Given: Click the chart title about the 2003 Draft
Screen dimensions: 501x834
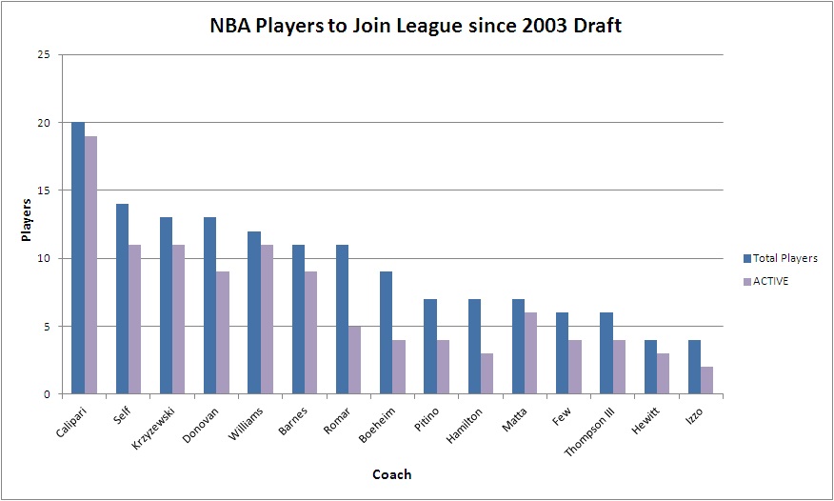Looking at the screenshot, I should tap(416, 26).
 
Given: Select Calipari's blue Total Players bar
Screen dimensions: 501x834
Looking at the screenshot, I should tap(77, 258).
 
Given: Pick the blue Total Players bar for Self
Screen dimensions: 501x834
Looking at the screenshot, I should tap(122, 299).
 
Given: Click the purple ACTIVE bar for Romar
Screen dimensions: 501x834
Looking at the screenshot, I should tap(355, 360).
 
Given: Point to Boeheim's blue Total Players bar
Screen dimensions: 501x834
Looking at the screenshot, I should tap(386, 332).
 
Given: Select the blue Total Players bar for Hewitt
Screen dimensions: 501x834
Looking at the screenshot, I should tap(650, 367).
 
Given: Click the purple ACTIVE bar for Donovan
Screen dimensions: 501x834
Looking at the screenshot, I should tap(223, 332).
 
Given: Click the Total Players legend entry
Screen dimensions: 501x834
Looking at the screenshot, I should tap(781, 258).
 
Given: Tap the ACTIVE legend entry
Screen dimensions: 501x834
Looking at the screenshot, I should tap(771, 281).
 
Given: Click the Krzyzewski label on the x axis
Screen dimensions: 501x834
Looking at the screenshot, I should tap(159, 426).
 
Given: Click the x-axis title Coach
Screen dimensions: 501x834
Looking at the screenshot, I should tap(392, 474).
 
